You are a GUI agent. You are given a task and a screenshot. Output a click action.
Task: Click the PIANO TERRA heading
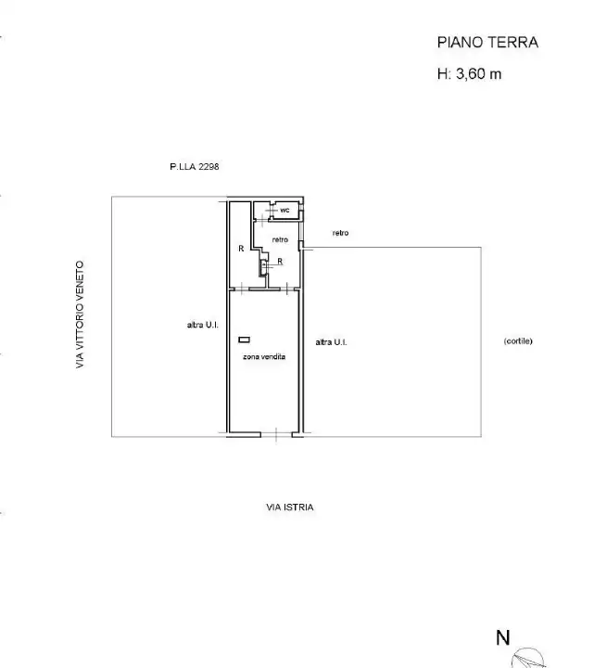point(487,42)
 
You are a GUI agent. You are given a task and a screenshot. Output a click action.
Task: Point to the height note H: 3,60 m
point(469,73)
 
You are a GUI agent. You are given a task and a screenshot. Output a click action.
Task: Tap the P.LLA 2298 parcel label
point(195,167)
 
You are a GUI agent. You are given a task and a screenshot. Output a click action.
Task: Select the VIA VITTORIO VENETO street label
point(80,315)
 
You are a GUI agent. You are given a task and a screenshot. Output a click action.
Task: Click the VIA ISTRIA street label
point(290,507)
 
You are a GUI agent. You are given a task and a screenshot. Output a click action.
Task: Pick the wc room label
point(284,210)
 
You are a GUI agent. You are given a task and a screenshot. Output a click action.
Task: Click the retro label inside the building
point(280,239)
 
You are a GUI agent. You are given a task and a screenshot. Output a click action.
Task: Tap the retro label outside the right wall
point(340,233)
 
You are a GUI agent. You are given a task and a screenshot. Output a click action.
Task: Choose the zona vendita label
point(264,356)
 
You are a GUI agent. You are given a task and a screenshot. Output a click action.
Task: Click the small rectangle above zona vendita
point(244,340)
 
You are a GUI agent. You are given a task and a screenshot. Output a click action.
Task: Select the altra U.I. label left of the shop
point(203,325)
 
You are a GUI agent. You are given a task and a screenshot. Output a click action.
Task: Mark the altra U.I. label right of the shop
point(331,342)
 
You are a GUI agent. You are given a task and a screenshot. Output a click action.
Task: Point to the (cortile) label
point(518,340)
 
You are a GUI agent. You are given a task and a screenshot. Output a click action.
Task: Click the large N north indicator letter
point(503,637)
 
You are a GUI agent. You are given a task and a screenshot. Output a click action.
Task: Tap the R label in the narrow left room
point(241,249)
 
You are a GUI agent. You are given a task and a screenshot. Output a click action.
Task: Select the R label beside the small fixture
point(280,261)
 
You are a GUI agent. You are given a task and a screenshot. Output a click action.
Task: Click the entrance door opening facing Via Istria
point(276,434)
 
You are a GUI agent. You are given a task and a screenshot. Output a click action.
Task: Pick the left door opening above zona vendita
point(242,289)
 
